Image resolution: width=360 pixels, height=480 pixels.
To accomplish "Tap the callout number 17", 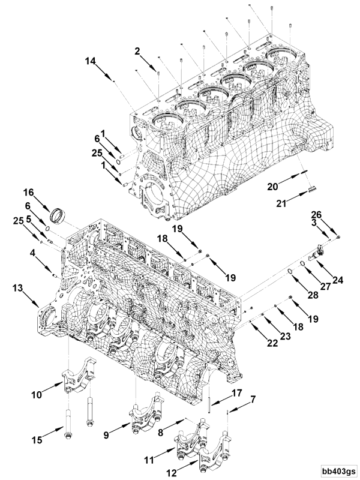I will [x=235, y=394].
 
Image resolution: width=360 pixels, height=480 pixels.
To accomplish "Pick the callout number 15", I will [x=37, y=440].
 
